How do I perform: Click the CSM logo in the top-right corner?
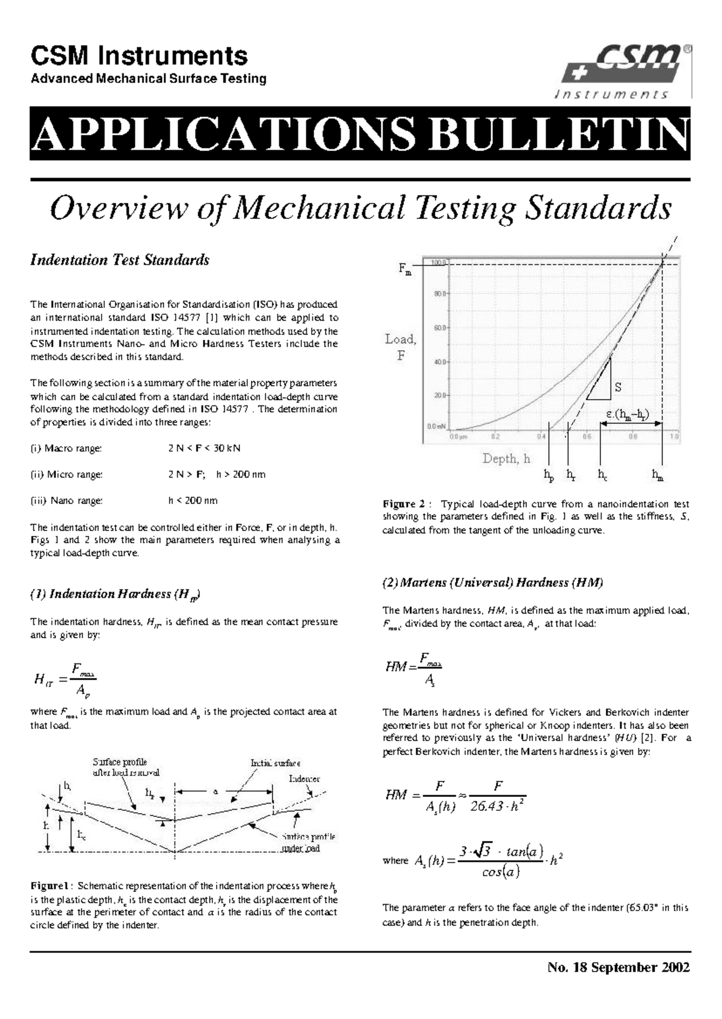coord(626,71)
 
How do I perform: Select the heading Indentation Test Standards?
coord(120,260)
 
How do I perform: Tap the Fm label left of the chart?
coord(405,270)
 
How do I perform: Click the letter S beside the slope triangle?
coord(618,387)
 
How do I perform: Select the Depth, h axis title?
coord(506,459)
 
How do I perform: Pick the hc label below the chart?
coord(602,475)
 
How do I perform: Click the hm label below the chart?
coord(658,475)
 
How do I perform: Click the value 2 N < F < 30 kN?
coord(205,448)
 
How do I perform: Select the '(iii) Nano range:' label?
coord(67,500)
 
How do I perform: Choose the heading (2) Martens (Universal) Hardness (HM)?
coord(493,582)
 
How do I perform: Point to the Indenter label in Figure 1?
coord(304,778)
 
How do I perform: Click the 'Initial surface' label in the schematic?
coord(276,763)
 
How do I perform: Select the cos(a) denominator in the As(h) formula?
coord(501,872)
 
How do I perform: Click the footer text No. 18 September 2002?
coord(619,968)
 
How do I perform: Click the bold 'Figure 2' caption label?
coord(404,504)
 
